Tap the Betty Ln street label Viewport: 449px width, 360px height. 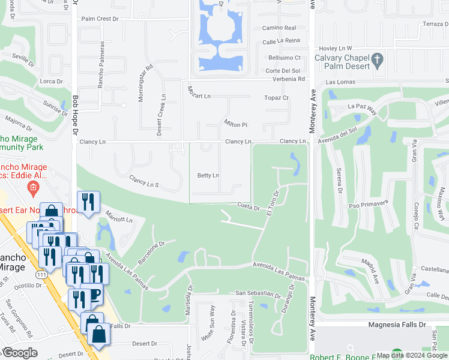(208, 175)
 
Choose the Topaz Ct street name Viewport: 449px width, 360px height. (276, 97)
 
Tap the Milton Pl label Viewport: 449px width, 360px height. (236, 124)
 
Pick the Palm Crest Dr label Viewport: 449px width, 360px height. (100, 19)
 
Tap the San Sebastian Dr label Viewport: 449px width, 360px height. (258, 294)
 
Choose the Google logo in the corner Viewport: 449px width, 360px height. (20, 353)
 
